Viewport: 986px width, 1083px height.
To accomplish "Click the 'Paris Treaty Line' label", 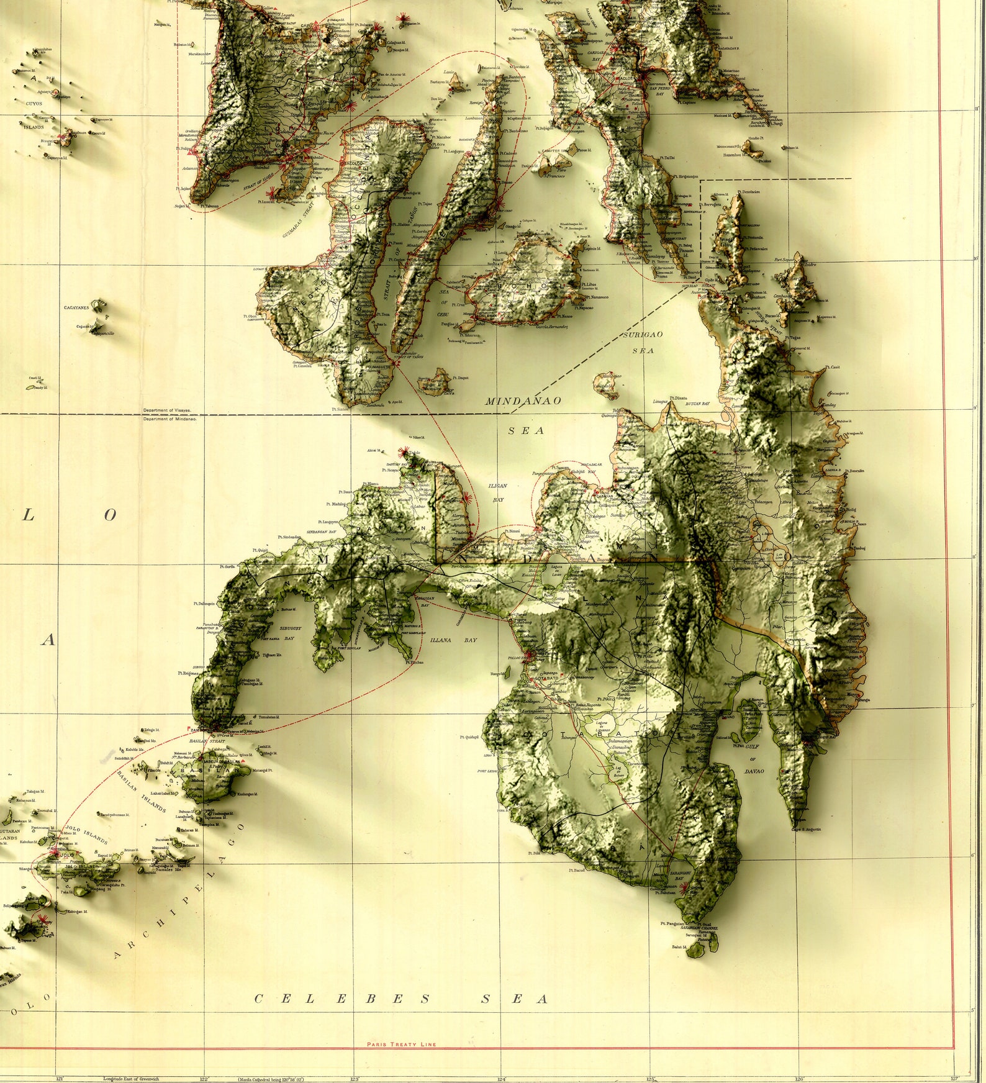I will pyautogui.click(x=401, y=1044).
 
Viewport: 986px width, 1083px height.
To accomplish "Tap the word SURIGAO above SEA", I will pyautogui.click(x=643, y=335).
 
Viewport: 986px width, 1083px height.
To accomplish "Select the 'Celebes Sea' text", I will pyautogui.click(x=402, y=999).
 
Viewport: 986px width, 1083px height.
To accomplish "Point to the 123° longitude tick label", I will pyautogui.click(x=355, y=1079).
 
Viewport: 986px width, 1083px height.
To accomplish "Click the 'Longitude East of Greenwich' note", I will pyautogui.click(x=131, y=1079).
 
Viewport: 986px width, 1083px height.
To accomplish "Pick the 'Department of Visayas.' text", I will pyautogui.click(x=168, y=410).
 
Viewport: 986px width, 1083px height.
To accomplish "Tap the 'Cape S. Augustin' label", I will pyautogui.click(x=806, y=829).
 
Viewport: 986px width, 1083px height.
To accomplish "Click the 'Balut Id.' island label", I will pyautogui.click(x=679, y=947).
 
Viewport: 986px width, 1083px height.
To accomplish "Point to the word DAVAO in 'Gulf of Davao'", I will pyautogui.click(x=754, y=771).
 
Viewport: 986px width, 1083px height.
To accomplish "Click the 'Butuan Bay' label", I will pyautogui.click(x=697, y=404).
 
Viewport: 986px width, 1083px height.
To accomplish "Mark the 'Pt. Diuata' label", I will pyautogui.click(x=678, y=397).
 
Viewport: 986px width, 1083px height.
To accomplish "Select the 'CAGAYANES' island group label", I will pyautogui.click(x=76, y=307).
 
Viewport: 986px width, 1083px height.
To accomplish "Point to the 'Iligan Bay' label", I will pyautogui.click(x=498, y=492).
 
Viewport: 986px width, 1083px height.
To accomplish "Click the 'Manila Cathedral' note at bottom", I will pyautogui.click(x=266, y=1079).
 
